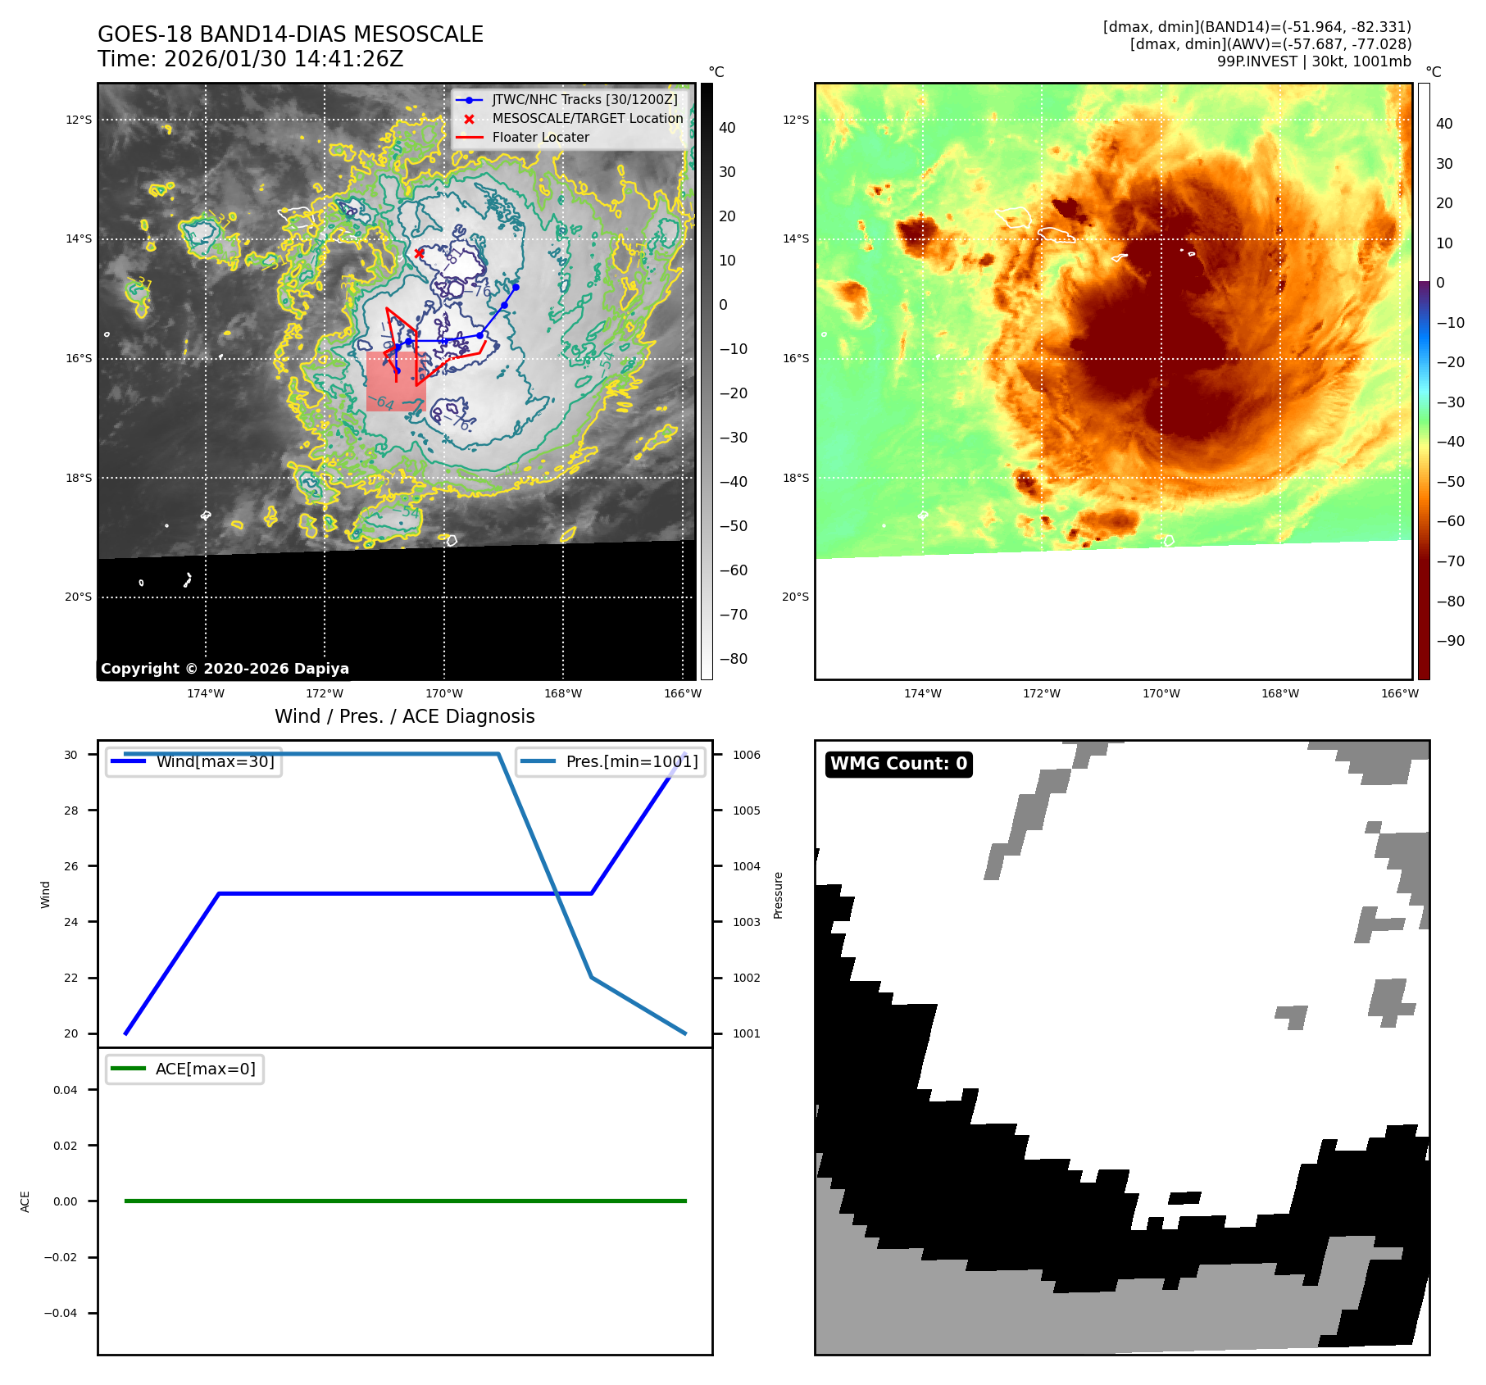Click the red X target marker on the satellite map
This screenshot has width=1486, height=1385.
tap(419, 253)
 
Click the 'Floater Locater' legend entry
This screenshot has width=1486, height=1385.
tap(540, 138)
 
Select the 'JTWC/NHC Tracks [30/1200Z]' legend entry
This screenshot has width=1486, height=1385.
tap(584, 100)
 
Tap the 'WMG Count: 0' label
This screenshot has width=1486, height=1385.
tap(898, 764)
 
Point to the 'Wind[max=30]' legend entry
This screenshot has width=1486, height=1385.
tap(215, 761)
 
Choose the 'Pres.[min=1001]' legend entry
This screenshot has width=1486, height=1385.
tap(631, 761)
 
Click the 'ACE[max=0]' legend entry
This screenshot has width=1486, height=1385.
tap(205, 1069)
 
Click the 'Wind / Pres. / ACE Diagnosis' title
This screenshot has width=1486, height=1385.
tap(404, 716)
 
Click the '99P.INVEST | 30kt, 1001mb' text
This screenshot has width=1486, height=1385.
tap(1313, 61)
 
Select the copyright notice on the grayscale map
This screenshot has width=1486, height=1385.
tap(225, 669)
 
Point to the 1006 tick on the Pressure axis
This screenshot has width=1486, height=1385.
tap(746, 755)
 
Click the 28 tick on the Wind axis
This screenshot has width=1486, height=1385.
tap(71, 811)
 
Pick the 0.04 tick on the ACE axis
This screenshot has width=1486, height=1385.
tap(66, 1090)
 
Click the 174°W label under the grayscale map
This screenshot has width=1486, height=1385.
tap(205, 693)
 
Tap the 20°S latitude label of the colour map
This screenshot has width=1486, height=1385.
tap(794, 597)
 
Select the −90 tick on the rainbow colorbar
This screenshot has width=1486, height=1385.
tap(1450, 641)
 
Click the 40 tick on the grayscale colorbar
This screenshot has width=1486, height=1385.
tap(727, 128)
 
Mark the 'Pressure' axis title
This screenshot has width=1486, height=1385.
tap(778, 895)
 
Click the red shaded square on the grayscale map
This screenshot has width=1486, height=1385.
tap(395, 381)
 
